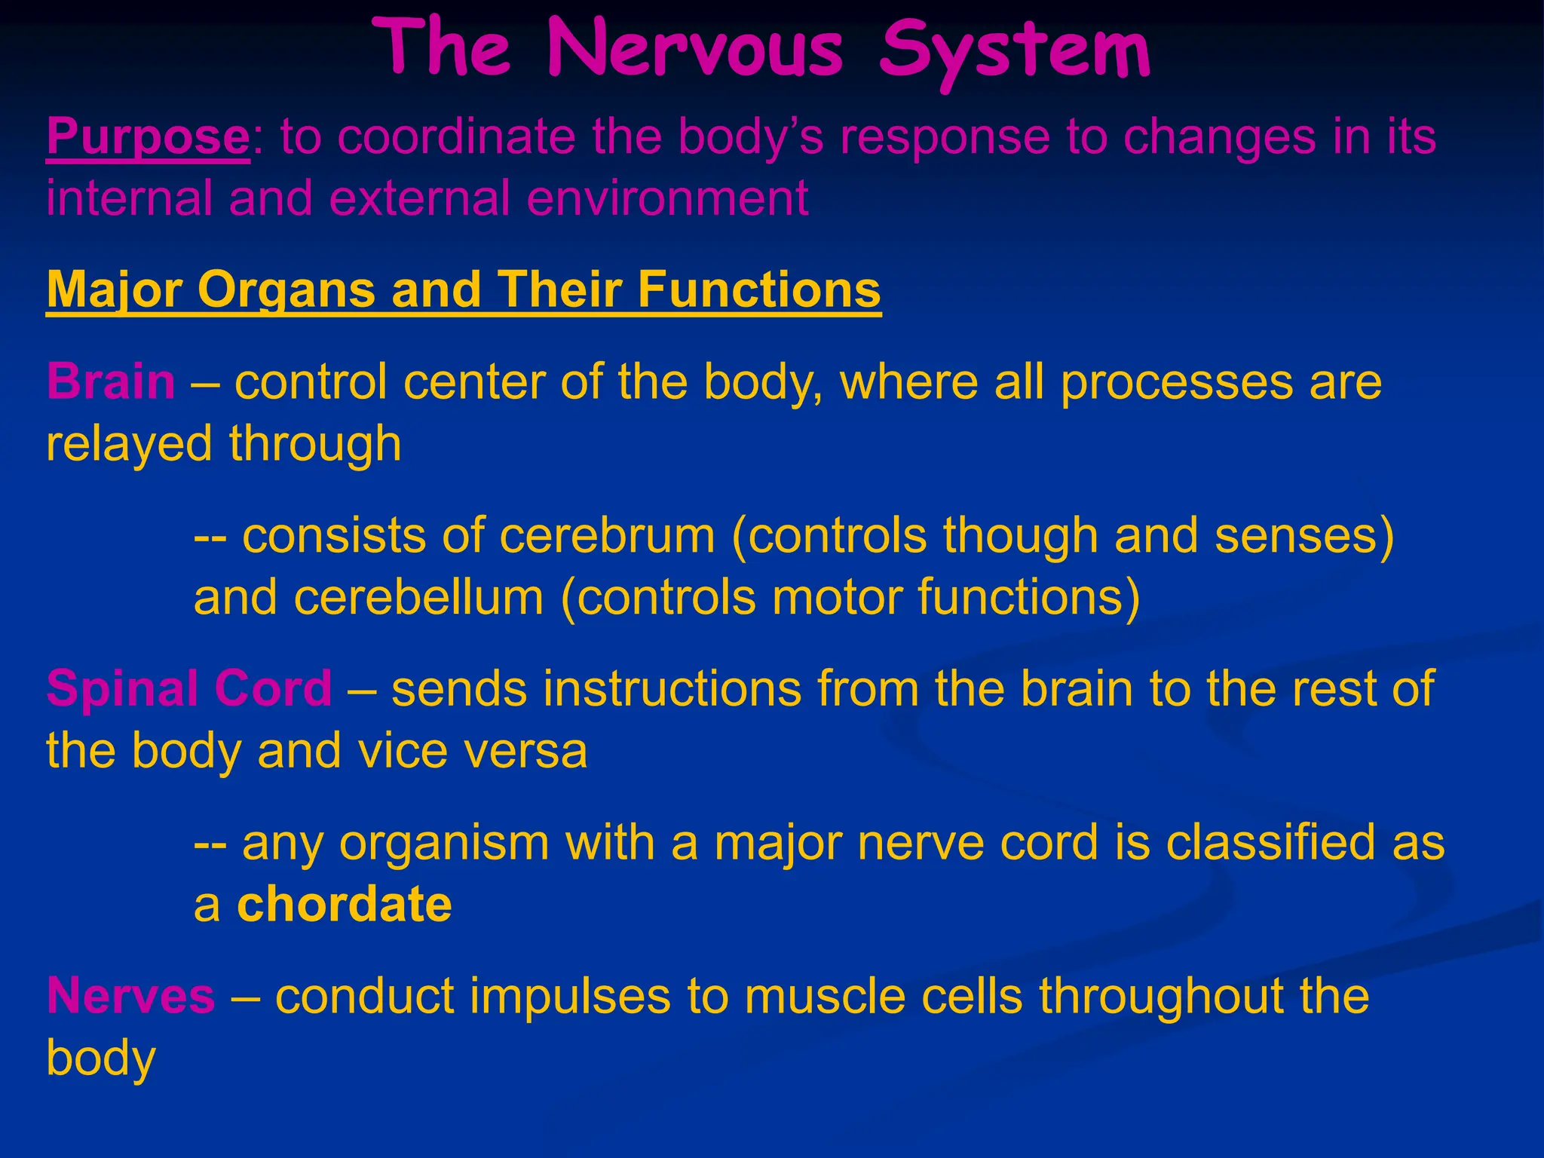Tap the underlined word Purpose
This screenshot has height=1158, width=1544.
click(148, 137)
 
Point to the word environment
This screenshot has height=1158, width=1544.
click(668, 198)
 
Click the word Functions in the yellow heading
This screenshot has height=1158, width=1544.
click(759, 290)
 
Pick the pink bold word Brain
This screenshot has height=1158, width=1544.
click(111, 381)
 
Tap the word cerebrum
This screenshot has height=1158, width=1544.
click(607, 535)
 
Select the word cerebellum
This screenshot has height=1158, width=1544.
click(418, 597)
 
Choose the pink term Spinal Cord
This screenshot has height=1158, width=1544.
click(189, 688)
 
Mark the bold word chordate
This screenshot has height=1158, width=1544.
click(345, 905)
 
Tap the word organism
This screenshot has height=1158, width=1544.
click(445, 843)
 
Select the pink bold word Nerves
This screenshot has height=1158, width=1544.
click(131, 996)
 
